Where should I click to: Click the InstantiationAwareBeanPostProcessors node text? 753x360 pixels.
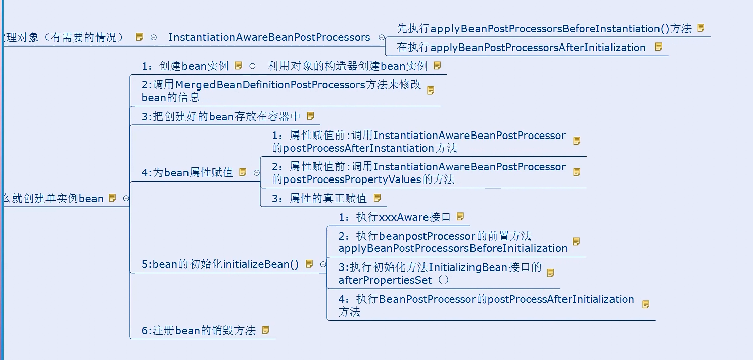click(269, 38)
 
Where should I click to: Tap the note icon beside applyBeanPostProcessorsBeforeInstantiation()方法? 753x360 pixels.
click(701, 28)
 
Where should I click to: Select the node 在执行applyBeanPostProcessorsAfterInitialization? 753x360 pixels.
click(521, 48)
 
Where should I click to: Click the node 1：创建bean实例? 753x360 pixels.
click(185, 66)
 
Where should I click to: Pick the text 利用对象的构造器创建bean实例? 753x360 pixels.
click(347, 66)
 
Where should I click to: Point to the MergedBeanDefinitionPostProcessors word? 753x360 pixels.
click(270, 85)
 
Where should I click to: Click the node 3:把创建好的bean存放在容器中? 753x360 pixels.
click(221, 117)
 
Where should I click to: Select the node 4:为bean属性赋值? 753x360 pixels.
click(187, 173)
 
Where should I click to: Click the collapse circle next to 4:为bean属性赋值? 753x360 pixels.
click(256, 173)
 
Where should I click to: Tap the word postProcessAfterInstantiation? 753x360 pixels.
click(358, 148)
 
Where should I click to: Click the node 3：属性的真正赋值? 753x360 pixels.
click(319, 199)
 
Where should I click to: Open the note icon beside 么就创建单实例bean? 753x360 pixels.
click(112, 198)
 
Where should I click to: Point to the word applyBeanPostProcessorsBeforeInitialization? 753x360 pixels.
click(453, 248)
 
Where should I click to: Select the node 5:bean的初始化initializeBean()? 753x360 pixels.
click(220, 264)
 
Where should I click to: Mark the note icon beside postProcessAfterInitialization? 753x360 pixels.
click(646, 304)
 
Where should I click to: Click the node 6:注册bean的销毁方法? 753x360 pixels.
click(198, 331)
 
